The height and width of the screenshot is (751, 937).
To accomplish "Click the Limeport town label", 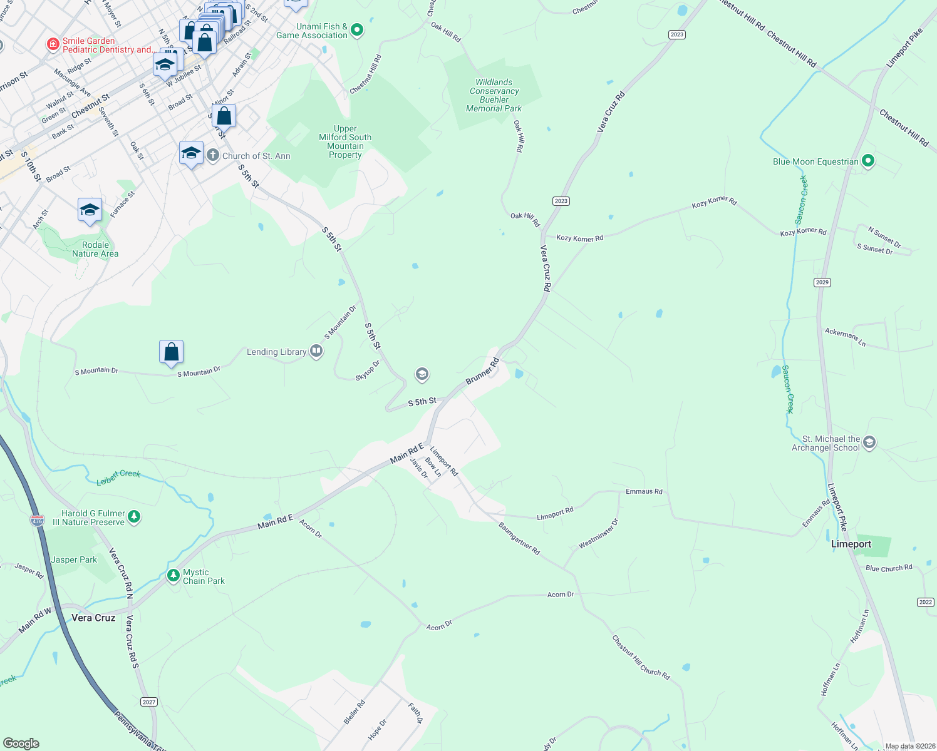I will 851,544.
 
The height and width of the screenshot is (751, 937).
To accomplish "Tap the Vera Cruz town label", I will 93,618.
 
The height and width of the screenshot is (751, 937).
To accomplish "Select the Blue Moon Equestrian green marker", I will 868,161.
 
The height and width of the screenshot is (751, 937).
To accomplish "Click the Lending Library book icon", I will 316,352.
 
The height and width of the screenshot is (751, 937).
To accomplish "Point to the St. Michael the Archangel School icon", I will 869,443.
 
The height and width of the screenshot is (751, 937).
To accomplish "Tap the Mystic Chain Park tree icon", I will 173,576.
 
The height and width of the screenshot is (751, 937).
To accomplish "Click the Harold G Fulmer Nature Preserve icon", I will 134,517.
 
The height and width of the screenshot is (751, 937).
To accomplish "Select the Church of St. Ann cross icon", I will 213,156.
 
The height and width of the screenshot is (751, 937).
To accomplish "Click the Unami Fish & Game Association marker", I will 357,30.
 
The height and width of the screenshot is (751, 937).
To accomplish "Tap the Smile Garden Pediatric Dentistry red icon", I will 53,44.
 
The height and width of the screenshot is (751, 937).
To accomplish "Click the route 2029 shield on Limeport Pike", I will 822,282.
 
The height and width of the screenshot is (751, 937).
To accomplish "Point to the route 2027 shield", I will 148,702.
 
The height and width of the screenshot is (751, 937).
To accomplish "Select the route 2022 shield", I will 926,602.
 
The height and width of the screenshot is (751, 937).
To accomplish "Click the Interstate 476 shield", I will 37,521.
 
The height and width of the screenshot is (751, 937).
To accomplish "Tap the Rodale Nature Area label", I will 95,249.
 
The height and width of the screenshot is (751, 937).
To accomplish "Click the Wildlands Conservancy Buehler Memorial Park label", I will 494,95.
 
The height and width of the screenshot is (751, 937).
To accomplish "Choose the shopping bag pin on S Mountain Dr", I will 171,352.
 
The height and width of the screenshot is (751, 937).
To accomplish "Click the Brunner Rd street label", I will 482,371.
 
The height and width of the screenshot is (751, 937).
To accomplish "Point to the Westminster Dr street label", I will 598,534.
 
